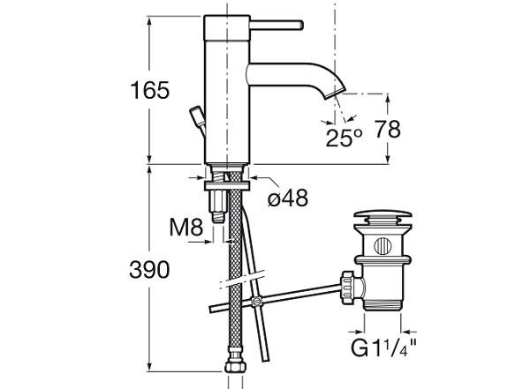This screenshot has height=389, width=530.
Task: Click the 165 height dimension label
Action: (149, 90)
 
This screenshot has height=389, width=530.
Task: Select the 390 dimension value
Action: (149, 270)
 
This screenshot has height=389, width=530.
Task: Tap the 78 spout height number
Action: (388, 129)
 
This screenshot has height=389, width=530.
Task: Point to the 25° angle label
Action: (344, 138)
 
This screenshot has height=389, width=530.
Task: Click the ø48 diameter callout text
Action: (288, 198)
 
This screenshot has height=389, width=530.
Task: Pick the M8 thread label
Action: (186, 227)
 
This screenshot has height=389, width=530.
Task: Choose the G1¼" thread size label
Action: (383, 348)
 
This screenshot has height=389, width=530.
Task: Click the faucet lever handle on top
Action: (276, 25)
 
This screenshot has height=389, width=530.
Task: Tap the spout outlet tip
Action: (335, 91)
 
